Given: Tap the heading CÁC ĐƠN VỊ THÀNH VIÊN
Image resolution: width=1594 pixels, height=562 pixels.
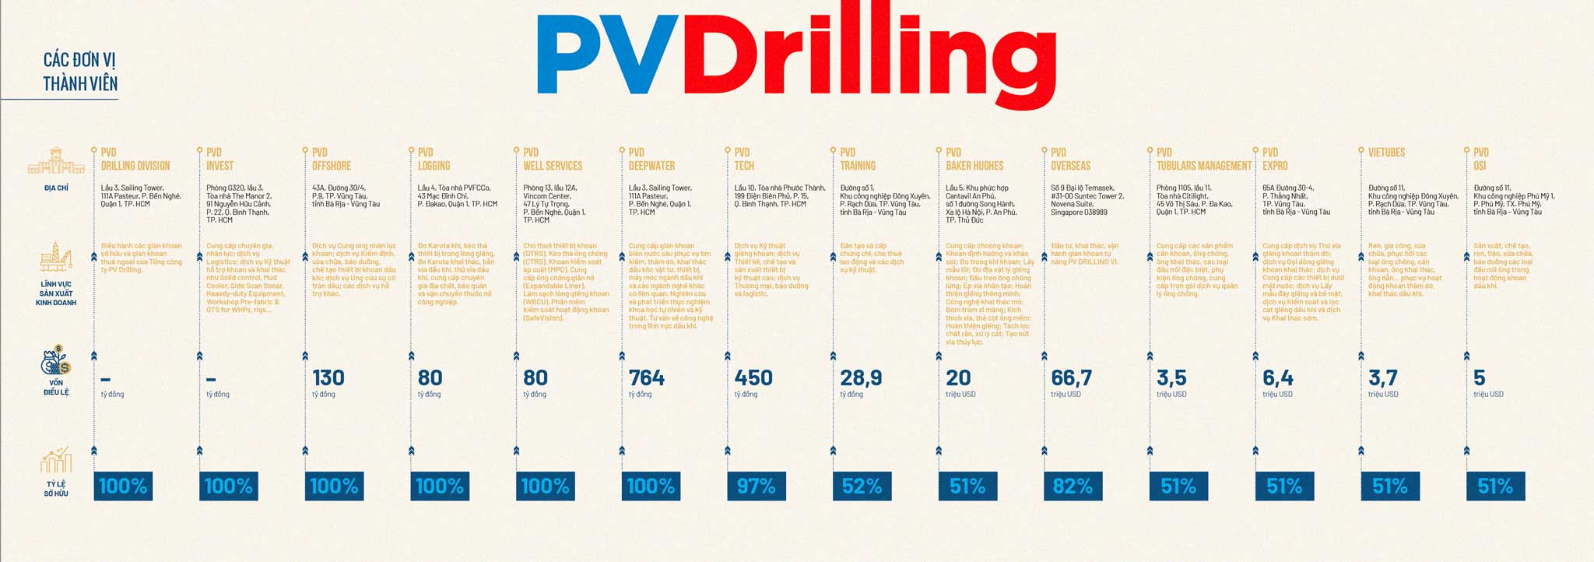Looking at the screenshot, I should point(80,72).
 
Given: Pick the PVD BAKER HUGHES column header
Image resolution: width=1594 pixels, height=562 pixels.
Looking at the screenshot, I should point(974,159).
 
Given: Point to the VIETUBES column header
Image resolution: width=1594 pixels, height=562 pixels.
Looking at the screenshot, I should point(1387,153).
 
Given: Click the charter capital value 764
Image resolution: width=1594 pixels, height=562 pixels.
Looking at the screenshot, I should point(647,378).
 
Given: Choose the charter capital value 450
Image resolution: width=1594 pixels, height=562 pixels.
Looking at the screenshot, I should point(753,378).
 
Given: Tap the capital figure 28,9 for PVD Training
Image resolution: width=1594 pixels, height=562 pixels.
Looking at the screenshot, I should point(861,378).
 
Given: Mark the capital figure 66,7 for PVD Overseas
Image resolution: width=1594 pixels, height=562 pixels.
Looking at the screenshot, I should point(1071,378).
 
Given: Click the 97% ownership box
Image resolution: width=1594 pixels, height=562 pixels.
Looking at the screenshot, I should point(756,486).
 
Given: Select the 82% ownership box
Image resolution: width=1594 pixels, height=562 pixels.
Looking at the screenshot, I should point(1073,486).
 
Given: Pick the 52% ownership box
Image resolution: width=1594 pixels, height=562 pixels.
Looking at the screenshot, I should point(862,486).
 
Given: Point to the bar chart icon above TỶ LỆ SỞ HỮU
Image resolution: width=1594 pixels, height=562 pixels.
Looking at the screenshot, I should point(56,460).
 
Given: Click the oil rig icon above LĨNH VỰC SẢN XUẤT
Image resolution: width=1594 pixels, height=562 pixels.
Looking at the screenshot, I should point(56,259).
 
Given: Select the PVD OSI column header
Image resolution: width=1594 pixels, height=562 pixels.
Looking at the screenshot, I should point(1481,159).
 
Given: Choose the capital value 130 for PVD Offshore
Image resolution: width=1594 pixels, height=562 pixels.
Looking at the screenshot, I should point(328,378).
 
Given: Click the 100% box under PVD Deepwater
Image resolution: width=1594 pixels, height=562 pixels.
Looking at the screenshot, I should point(651,486).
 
